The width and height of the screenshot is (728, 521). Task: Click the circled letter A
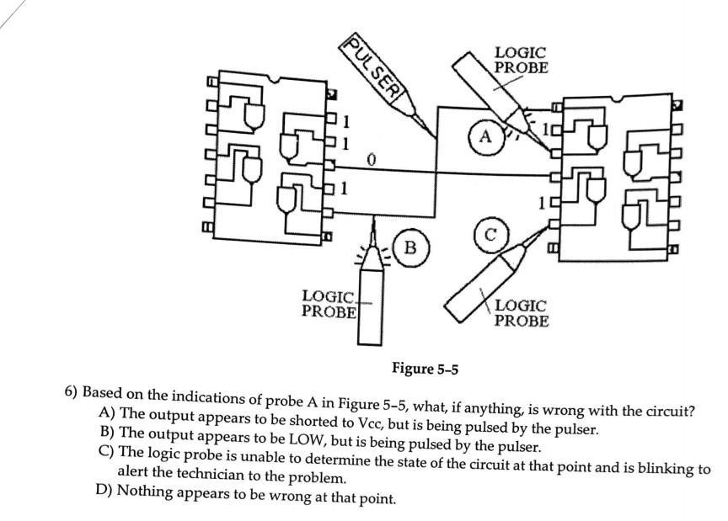click(484, 136)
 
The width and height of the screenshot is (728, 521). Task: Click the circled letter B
click(410, 247)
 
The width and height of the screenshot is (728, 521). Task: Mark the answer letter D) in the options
click(107, 491)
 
